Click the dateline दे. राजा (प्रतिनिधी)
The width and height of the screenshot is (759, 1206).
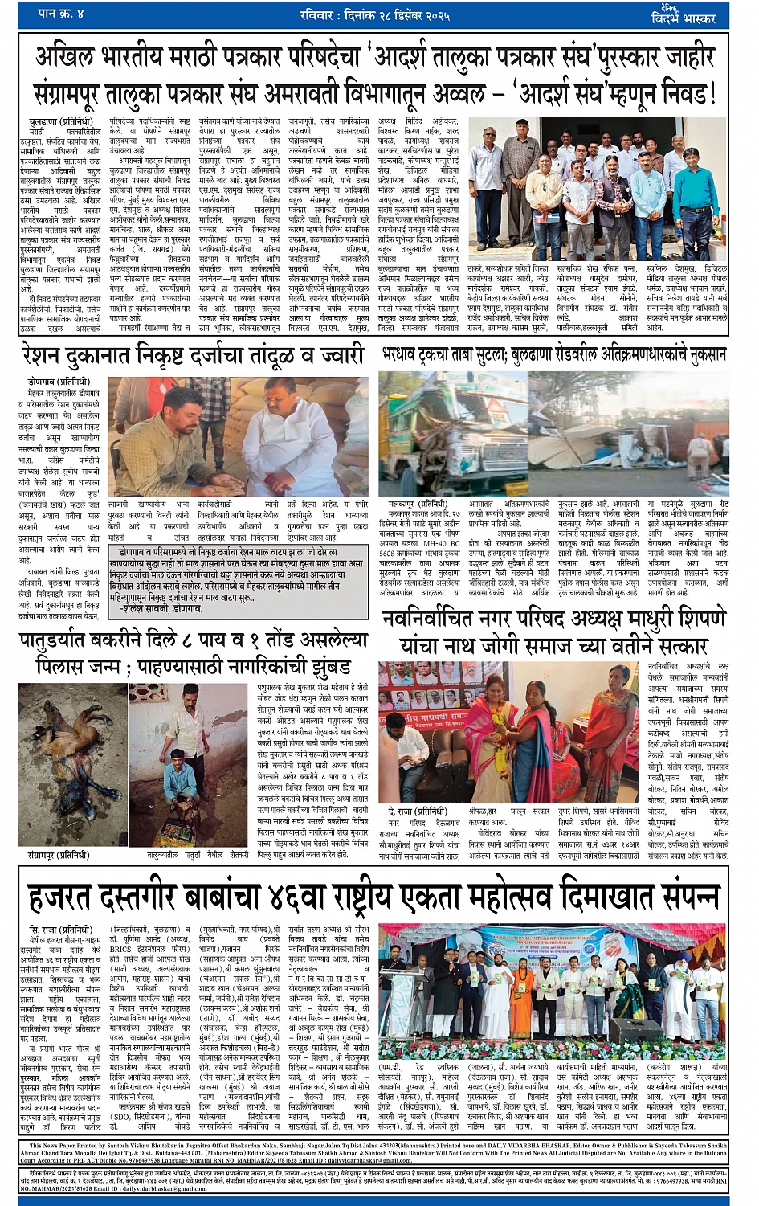click(416, 811)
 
